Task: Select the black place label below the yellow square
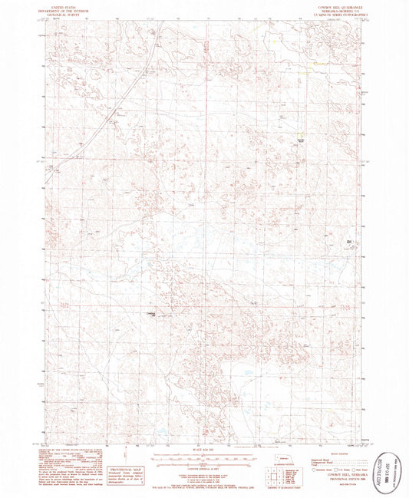(302, 141)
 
